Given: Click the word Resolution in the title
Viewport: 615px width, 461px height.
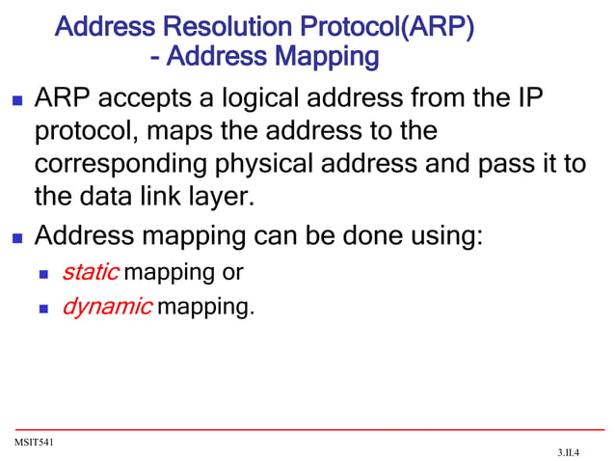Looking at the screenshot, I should pos(219,26).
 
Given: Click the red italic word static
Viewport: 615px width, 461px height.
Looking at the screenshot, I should pos(90,272).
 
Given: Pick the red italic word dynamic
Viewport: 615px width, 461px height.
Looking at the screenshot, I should pos(106,308).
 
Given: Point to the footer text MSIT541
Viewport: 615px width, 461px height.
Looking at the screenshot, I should pos(33,442).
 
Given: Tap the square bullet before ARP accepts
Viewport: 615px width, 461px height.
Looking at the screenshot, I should pos(15,100).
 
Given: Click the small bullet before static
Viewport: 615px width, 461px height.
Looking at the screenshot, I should pos(43,274).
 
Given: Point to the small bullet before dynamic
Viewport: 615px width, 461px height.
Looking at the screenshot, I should pos(43,310).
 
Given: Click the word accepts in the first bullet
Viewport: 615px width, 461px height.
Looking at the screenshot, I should pos(145,99).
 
